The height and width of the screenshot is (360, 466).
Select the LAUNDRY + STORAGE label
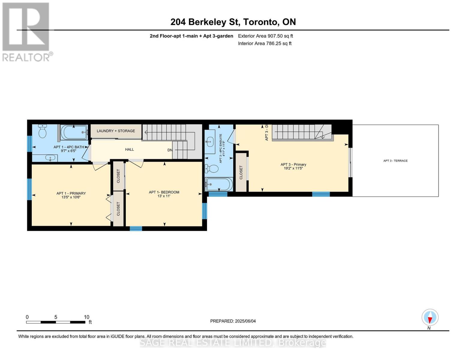pos(116,131)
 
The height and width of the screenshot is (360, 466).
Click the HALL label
pos(130,149)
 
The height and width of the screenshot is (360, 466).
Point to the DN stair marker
pos(170,150)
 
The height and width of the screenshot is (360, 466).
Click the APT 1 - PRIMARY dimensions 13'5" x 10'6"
pos(71,197)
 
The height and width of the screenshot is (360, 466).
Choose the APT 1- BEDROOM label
pos(164,192)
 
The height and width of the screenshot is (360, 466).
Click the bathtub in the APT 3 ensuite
pos(219,184)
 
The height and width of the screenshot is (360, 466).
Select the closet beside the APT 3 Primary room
pos(241,172)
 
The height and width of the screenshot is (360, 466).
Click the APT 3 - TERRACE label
pos(395,161)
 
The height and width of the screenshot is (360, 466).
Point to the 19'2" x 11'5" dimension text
pos(293,169)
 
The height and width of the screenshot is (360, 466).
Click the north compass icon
pos(430,317)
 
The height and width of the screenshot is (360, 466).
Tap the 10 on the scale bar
pos(86,317)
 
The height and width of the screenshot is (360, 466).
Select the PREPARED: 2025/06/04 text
pos(233,321)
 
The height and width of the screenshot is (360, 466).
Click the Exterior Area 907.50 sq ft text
pos(265,36)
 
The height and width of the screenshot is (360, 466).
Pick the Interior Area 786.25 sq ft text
pos(265,43)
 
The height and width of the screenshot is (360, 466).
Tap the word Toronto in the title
pos(260,22)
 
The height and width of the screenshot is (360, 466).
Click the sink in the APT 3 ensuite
pos(210,140)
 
